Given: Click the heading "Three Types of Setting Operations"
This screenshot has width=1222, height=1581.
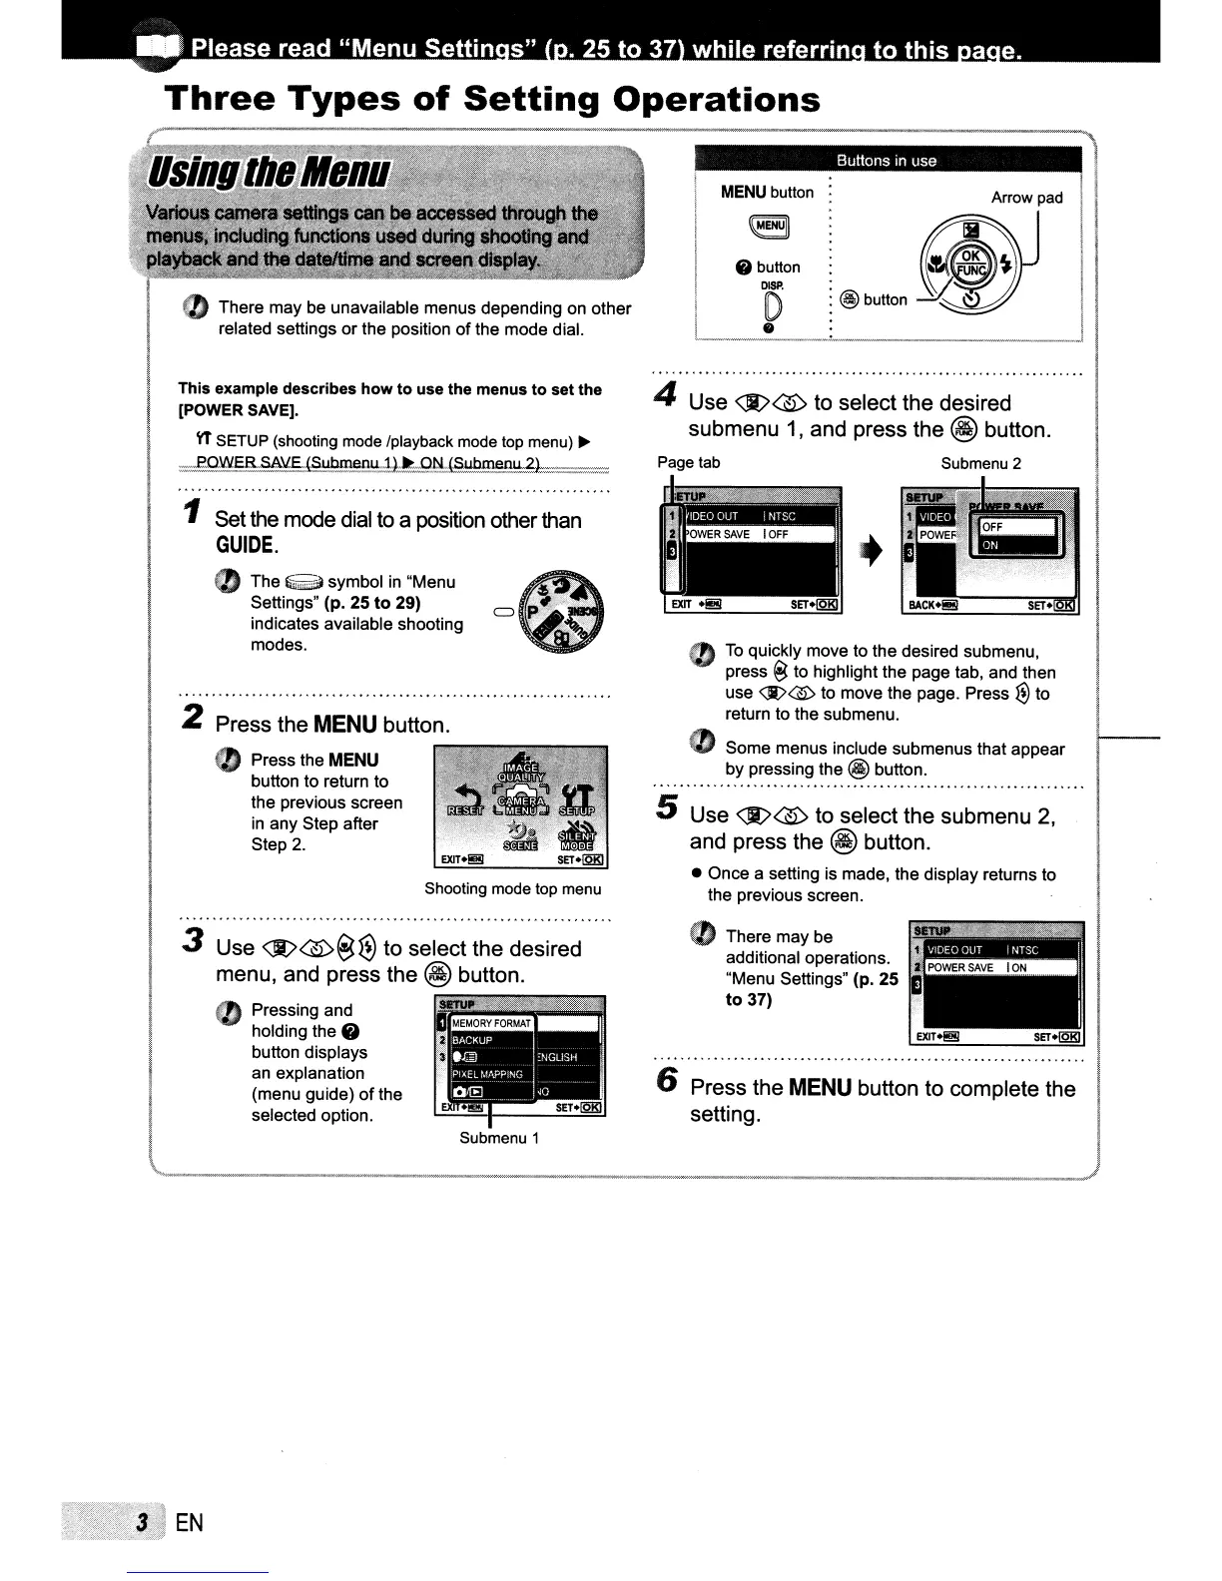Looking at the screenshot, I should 492,100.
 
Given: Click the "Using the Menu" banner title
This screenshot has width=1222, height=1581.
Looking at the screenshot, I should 269,173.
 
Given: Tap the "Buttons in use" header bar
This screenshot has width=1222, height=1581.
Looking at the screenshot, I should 887,161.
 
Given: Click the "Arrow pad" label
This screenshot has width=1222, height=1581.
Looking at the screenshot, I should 1026,198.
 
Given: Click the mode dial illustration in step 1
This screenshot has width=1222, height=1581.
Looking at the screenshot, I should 564,611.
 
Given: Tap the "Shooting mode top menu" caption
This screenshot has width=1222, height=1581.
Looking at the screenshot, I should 512,888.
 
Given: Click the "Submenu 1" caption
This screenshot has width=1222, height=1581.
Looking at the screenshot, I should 499,1138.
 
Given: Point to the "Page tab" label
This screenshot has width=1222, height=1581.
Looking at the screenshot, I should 688,463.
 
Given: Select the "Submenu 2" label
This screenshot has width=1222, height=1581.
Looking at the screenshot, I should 980,463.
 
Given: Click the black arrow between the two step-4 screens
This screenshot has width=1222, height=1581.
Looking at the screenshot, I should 873,550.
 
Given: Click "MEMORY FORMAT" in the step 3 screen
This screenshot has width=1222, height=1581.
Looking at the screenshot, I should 492,1023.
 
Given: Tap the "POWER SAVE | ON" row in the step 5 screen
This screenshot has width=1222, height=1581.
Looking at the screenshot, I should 998,967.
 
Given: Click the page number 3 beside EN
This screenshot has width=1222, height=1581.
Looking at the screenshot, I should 144,1522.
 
